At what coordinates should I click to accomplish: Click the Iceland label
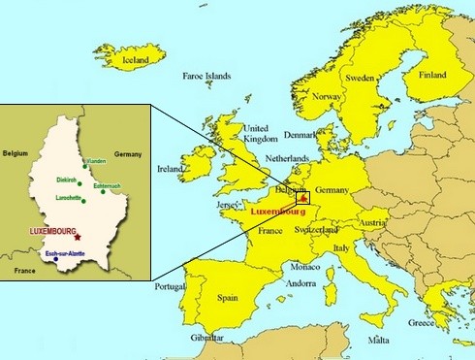136,59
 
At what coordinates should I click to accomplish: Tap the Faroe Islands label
207,75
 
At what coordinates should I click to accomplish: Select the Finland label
432,75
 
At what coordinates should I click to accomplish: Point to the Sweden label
361,77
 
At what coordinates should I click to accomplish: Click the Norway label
327,96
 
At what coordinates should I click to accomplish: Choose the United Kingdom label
260,133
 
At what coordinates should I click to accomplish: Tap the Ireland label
171,168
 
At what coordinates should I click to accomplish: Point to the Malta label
378,341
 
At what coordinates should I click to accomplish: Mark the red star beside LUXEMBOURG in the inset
77,237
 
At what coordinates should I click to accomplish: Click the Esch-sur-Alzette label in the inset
64,252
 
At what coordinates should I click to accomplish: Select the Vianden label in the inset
95,161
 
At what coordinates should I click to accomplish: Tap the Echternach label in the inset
108,184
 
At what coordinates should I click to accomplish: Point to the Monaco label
305,266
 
